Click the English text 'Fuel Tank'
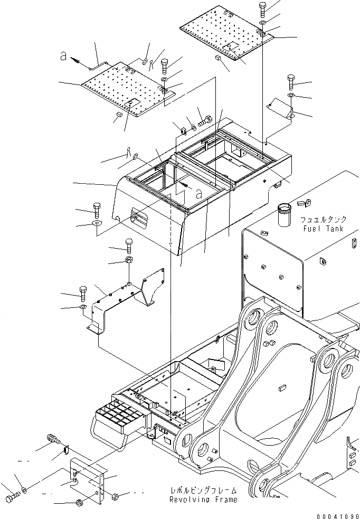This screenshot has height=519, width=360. pyautogui.click(x=323, y=229)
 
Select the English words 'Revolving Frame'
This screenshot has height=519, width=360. pyautogui.click(x=203, y=499)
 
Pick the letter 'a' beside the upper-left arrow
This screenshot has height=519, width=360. pyautogui.click(x=63, y=57)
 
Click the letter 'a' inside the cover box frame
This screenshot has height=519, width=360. pyautogui.click(x=198, y=194)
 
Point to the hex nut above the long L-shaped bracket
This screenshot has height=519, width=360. pyautogui.click(x=129, y=260)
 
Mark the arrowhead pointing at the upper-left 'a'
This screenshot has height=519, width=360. pyautogui.click(x=79, y=62)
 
